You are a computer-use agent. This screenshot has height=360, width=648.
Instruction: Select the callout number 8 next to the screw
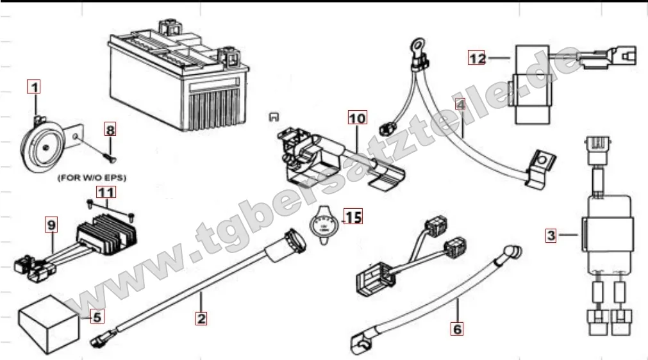111,129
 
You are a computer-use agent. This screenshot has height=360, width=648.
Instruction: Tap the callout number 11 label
106,191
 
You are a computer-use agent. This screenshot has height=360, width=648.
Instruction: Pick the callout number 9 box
51,224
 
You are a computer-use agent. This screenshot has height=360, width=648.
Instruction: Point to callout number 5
96,316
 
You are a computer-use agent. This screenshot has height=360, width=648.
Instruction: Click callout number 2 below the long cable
201,317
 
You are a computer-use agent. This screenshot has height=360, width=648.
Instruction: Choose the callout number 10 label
357,118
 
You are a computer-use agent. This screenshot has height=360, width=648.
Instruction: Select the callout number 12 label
476,58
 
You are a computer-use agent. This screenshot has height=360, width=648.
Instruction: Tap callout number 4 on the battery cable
460,104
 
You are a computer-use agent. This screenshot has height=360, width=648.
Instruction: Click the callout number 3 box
551,235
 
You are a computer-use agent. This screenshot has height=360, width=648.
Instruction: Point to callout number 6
456,329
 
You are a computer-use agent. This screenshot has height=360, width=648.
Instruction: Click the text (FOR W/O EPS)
92,177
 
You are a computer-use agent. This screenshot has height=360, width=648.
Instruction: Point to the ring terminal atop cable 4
410,45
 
